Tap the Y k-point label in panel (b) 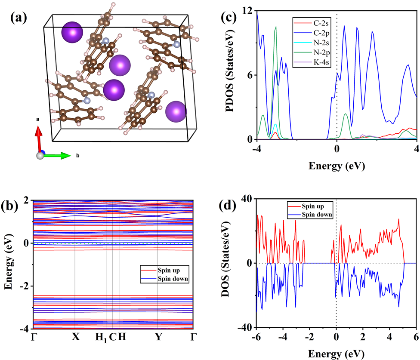coord(158,337)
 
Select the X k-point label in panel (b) coord(75,337)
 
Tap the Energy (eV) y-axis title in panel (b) coord(9,265)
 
